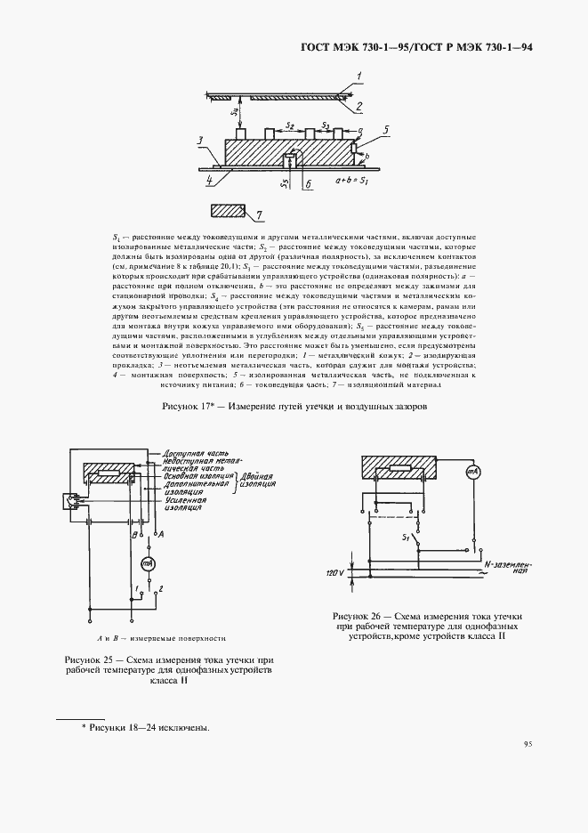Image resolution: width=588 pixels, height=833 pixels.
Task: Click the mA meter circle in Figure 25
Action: pyautogui.click(x=148, y=565)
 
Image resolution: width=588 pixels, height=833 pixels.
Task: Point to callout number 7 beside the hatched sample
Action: pyautogui.click(x=259, y=214)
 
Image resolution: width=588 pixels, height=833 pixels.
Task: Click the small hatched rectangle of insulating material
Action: pyautogui.click(x=228, y=212)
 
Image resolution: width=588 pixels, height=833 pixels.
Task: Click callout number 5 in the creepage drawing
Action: pyautogui.click(x=385, y=129)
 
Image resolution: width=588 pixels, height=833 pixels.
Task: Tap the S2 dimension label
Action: pyautogui.click(x=290, y=126)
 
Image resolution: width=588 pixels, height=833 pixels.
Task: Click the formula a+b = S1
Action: pyautogui.click(x=354, y=181)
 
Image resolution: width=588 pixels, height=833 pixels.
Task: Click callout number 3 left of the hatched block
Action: pyautogui.click(x=202, y=140)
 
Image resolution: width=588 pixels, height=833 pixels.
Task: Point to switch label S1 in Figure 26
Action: pyautogui.click(x=406, y=538)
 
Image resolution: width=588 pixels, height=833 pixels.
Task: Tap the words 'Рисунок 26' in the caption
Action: pyautogui.click(x=361, y=616)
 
